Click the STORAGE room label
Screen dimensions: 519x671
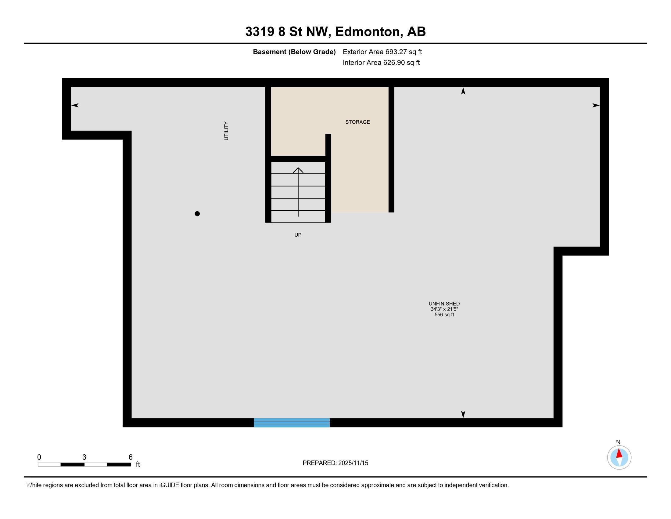357,122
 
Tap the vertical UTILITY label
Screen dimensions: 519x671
226,131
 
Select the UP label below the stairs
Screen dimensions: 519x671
298,235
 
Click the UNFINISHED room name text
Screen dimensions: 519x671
444,303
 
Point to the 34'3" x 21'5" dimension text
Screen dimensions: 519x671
444,309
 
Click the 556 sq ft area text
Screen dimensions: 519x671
444,314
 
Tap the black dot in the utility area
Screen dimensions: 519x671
197,214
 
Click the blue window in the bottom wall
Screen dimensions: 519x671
292,423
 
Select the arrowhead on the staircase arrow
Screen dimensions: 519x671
298,170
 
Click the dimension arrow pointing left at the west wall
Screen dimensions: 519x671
75,105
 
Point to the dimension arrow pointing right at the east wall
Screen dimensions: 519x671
596,105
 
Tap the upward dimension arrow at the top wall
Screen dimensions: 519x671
463,91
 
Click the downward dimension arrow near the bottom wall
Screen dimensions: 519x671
463,414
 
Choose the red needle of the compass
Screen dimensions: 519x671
619,453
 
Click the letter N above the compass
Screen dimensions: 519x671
618,442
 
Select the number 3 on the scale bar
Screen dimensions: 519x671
84,457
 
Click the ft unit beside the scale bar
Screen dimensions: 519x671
138,464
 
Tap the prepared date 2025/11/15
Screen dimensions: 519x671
353,463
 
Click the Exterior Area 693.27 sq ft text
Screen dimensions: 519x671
382,52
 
